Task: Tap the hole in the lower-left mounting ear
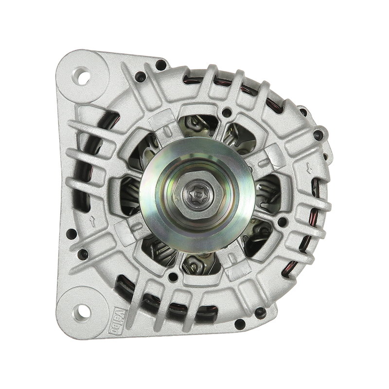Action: (x=81, y=309)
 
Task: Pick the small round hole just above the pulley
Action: (x=226, y=113)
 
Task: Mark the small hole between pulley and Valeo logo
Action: (x=172, y=278)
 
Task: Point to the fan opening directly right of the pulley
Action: (x=266, y=190)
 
